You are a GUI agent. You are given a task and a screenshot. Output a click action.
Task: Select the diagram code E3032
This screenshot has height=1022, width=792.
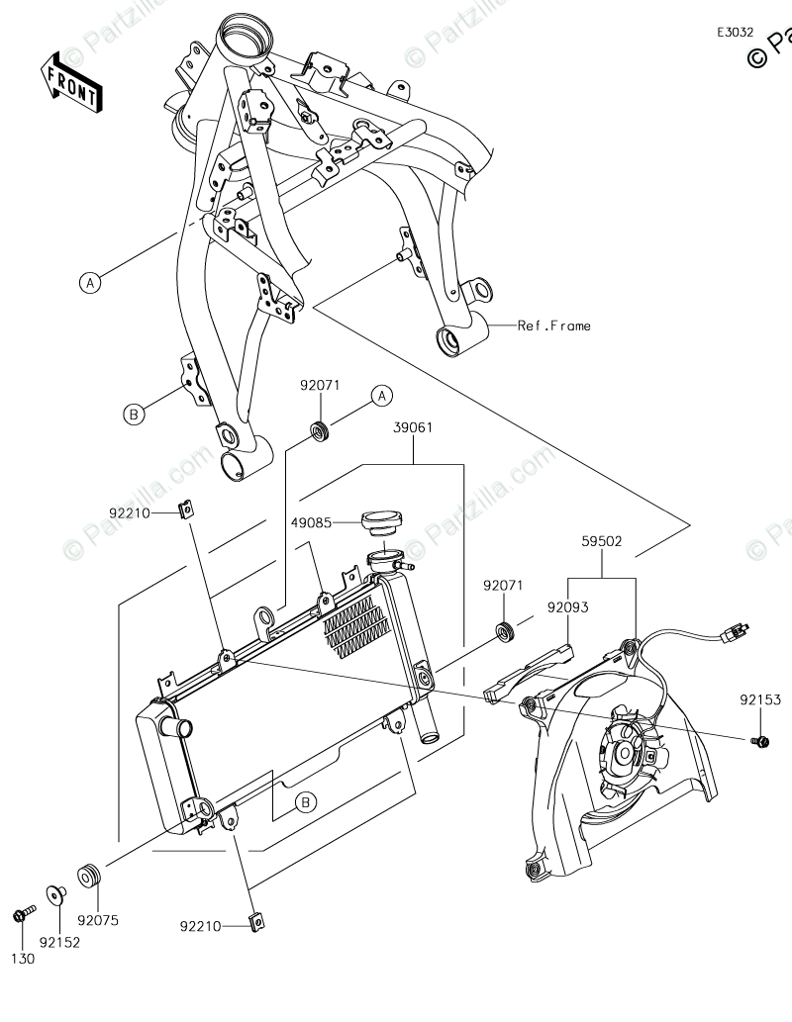pos(736,32)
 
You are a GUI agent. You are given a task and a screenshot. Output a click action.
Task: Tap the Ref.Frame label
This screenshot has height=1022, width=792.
pos(553,325)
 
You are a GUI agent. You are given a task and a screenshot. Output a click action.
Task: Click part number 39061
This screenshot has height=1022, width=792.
pos(413,427)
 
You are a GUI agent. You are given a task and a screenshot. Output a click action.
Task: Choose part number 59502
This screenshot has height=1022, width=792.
pos(602,541)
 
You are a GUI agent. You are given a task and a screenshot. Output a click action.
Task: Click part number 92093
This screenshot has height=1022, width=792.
pos(566,608)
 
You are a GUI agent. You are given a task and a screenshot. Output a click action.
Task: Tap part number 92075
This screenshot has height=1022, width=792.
pos(98,920)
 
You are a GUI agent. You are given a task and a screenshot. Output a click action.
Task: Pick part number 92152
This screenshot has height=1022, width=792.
pos(60,942)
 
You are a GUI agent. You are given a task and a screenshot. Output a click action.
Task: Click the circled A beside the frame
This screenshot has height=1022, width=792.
pos(90,283)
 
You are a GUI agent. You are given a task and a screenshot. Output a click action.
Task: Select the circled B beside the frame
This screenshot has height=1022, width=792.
pos(134,415)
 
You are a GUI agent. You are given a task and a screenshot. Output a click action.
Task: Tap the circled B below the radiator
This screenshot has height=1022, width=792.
pos(307,801)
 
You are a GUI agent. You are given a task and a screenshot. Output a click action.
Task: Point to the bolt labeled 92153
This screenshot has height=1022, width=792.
pos(760,739)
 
